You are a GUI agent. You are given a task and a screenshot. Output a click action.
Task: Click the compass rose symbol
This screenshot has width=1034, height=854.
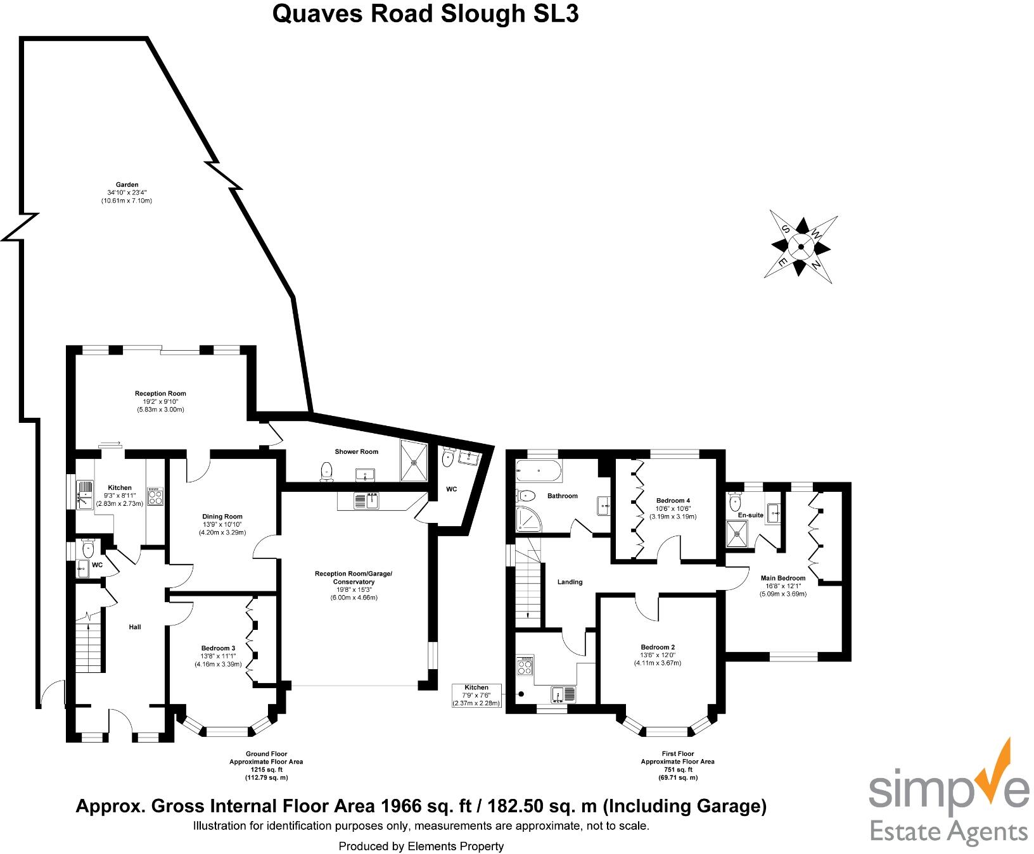click(801, 247)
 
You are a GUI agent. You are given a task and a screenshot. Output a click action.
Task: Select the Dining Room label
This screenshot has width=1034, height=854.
click(223, 517)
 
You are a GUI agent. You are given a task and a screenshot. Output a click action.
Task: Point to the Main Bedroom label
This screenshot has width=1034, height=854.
click(783, 578)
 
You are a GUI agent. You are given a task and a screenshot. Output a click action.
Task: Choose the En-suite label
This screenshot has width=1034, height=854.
click(751, 515)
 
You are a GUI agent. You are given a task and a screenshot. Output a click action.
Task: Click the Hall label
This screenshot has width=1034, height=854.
click(134, 627)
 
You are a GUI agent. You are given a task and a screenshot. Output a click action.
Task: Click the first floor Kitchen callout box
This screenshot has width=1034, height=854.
click(476, 695)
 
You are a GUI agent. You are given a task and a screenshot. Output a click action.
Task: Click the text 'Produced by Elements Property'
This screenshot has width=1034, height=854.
click(421, 846)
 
